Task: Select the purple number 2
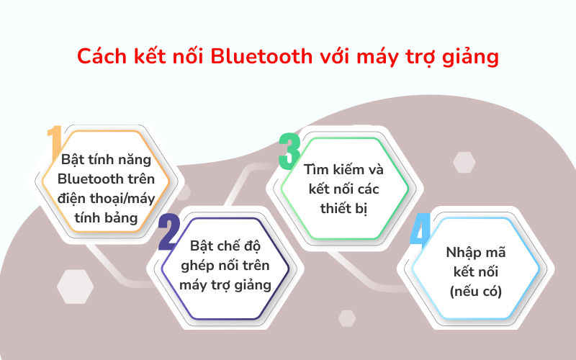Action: [x=168, y=232]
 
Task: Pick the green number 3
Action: [x=289, y=149]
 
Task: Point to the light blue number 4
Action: [x=420, y=233]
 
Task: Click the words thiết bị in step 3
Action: [x=344, y=209]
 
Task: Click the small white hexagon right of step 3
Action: [x=466, y=162]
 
